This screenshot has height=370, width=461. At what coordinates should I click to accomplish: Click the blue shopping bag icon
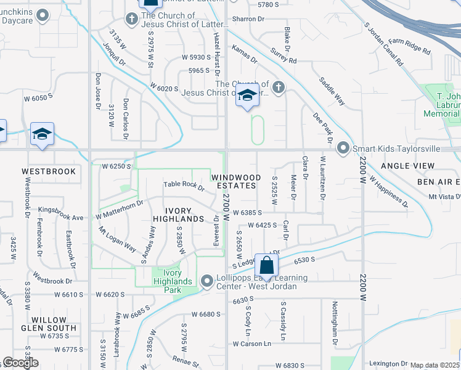267,266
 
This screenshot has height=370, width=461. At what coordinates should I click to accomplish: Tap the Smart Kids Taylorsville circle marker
343,149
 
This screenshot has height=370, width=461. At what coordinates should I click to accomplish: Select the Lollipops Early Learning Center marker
206,281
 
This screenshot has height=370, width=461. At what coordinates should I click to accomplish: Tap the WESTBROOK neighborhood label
49,171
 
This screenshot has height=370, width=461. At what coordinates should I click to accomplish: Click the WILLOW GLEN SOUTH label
58,324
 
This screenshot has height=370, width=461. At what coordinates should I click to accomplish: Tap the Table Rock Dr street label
184,186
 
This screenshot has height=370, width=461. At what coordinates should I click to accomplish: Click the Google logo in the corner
20,363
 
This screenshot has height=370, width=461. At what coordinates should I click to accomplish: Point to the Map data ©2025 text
435,365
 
